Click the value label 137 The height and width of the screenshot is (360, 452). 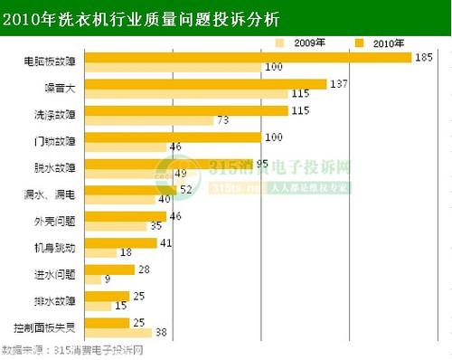coord(341,84)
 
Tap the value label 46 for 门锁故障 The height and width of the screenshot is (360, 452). coord(176,147)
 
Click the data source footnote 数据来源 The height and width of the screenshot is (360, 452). coord(72,350)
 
